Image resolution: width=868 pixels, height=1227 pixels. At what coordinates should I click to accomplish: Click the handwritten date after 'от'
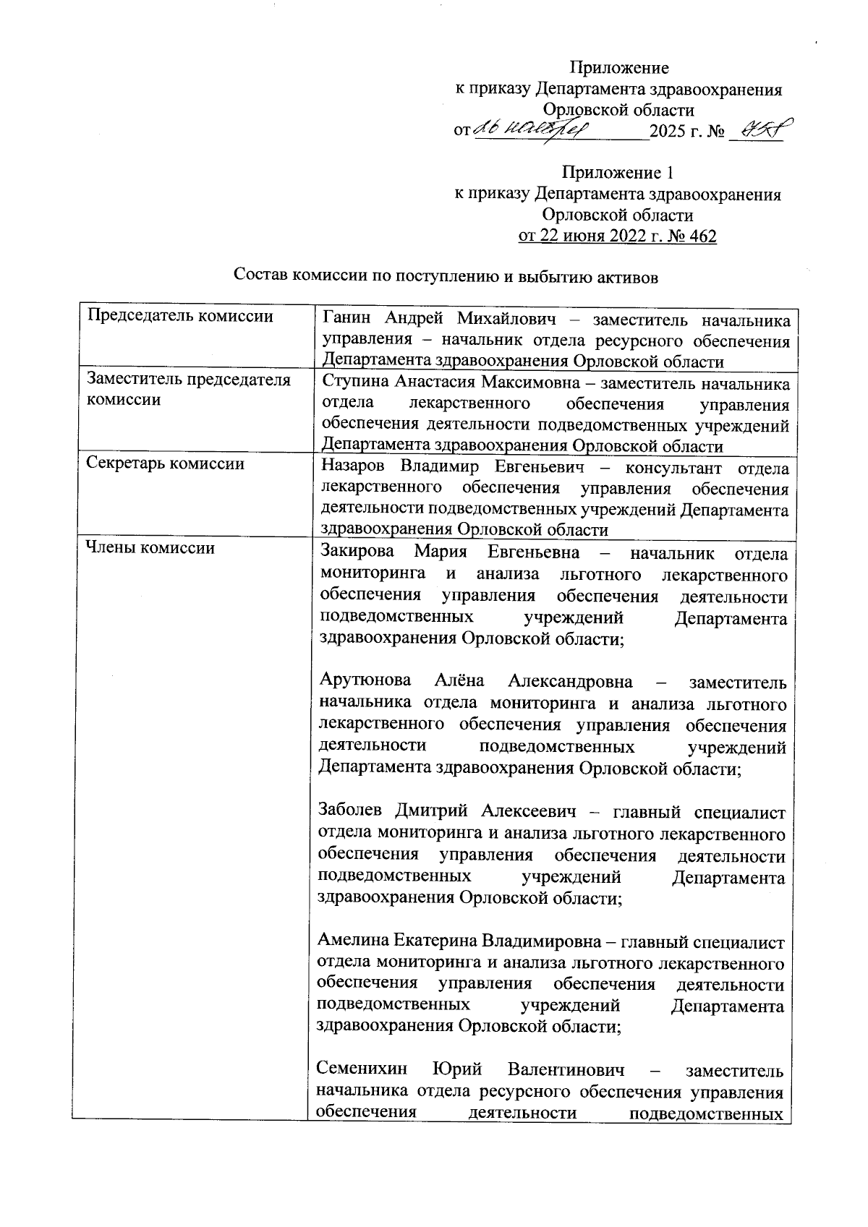(x=532, y=130)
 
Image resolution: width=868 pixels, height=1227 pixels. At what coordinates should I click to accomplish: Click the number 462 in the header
(x=699, y=236)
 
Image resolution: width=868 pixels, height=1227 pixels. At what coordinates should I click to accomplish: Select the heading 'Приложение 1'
(x=618, y=174)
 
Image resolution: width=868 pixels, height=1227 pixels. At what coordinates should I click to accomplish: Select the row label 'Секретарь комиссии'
(x=165, y=463)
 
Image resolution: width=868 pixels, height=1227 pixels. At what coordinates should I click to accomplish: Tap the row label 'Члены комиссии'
(x=150, y=548)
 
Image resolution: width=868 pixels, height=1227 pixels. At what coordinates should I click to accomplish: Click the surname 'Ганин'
(x=347, y=318)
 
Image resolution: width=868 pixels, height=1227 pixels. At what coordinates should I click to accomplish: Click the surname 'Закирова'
(x=357, y=552)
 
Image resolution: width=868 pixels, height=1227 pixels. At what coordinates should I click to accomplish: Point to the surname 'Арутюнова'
(x=365, y=681)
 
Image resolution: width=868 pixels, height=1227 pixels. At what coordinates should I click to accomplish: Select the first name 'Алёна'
(x=459, y=681)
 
